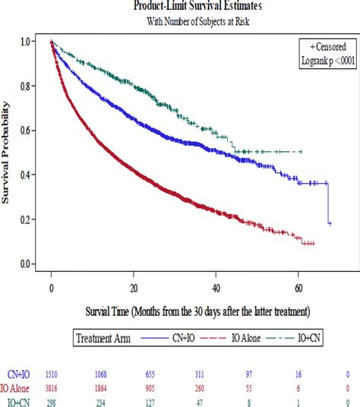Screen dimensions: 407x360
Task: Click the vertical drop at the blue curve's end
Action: pyautogui.click(x=328, y=204)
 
